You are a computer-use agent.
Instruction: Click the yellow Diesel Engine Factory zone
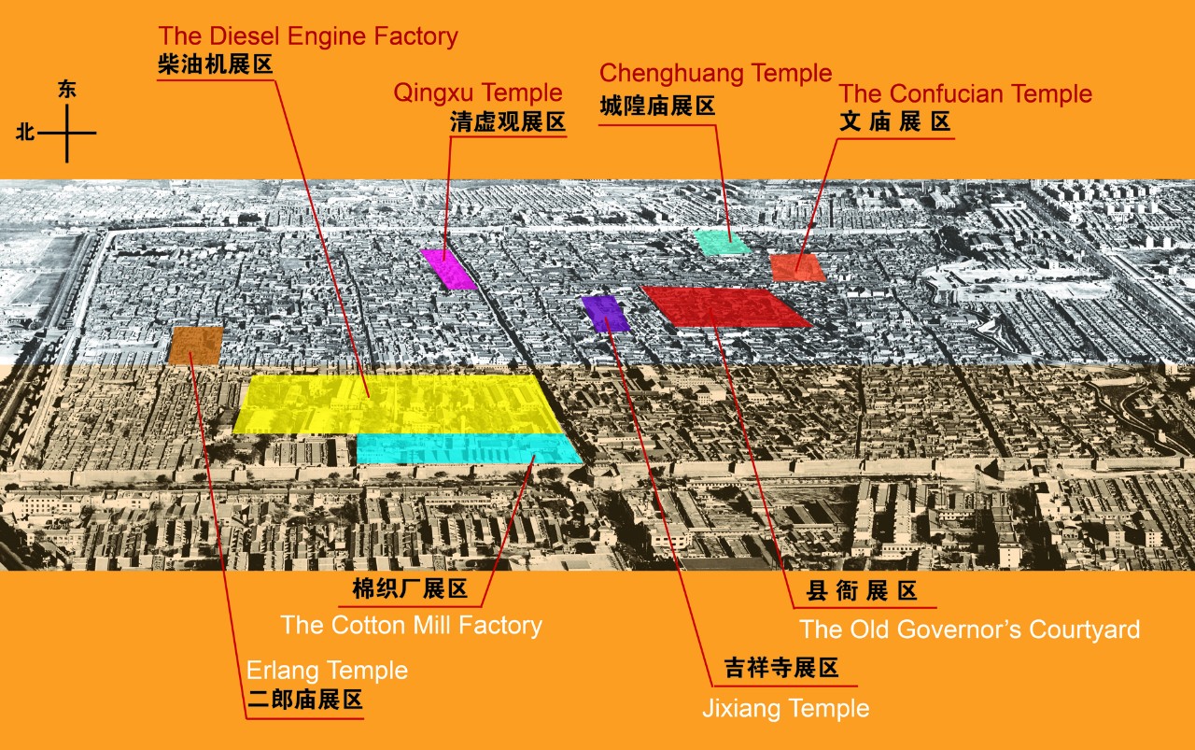pos(392,403)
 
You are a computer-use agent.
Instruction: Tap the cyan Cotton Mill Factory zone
pos(467,449)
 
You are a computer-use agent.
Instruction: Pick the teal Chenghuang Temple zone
pos(722,243)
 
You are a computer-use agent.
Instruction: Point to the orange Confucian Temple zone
pos(798,266)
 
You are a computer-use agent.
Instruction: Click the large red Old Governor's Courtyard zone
pos(726,307)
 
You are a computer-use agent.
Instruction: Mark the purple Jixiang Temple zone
pos(605,314)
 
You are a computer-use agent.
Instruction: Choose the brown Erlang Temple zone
pos(196,345)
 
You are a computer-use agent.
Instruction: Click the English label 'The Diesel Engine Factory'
pos(308,36)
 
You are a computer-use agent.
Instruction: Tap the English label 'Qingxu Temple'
pos(478,92)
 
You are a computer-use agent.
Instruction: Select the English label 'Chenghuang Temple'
pos(715,73)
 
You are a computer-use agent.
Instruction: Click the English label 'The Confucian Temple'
pos(965,93)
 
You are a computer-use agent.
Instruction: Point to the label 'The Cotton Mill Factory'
pos(411,625)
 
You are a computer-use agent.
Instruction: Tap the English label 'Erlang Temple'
pos(327,671)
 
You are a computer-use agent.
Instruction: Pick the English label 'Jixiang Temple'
pos(785,709)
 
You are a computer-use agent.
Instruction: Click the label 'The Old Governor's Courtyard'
pos(970,630)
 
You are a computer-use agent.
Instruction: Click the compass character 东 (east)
pos(67,91)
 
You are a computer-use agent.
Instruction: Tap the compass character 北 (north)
pos(25,133)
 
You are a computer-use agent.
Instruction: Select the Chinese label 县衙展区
pos(864,592)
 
